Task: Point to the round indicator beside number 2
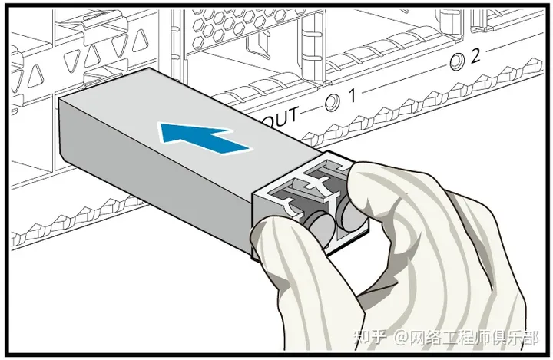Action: pyautogui.click(x=459, y=60)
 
